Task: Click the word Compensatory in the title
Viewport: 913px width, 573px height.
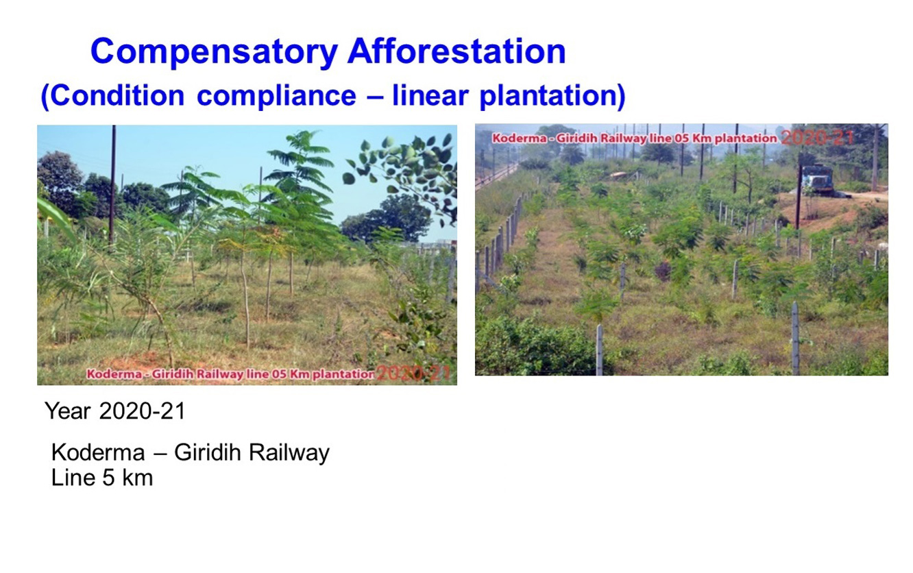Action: pos(214,52)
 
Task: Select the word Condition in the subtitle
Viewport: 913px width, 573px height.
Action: pos(113,96)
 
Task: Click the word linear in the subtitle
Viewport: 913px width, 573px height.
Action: pos(430,96)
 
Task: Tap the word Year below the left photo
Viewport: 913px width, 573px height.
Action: pos(68,411)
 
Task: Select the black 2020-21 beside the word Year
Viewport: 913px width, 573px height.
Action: pos(143,411)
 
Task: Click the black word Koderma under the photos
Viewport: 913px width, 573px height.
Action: pos(98,452)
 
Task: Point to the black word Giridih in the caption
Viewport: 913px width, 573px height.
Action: pos(208,452)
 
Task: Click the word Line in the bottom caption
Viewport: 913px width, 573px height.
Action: pos(73,478)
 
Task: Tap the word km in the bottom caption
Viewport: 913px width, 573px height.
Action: pos(137,478)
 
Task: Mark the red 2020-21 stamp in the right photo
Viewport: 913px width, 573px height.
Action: pos(817,138)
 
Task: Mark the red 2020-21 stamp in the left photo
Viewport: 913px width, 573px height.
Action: pos(413,373)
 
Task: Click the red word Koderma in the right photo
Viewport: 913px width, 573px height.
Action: pos(520,138)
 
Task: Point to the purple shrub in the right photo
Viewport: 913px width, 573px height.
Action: pos(662,271)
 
